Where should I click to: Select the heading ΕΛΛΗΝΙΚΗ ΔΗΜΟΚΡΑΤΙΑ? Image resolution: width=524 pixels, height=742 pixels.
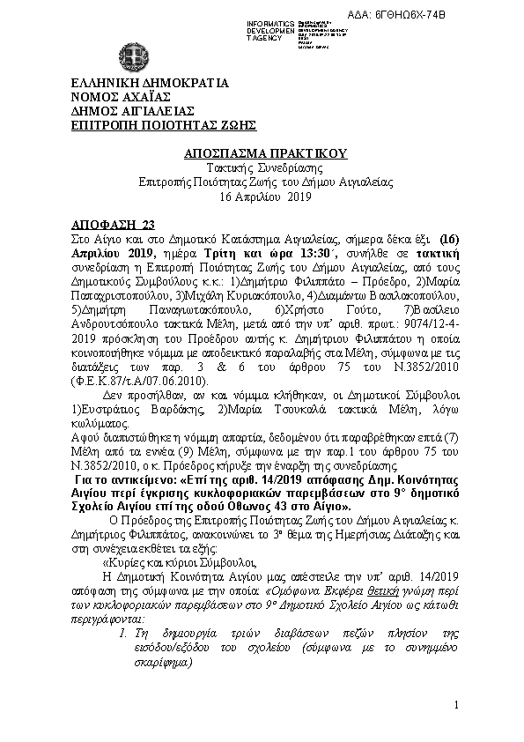[x=150, y=84]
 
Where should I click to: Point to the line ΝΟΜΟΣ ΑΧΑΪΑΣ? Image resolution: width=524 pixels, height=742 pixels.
[x=121, y=97]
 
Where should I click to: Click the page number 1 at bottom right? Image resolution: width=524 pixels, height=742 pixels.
[x=458, y=706]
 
